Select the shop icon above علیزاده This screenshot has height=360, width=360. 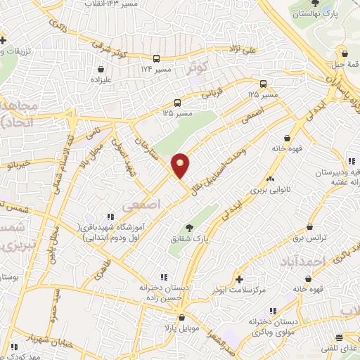pos(102,70)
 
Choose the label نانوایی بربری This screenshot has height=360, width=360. pos(266,189)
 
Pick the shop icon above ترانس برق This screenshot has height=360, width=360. pos(310,227)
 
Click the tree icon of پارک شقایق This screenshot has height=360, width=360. pos(189,226)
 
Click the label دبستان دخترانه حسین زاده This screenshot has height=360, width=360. pos(164,292)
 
